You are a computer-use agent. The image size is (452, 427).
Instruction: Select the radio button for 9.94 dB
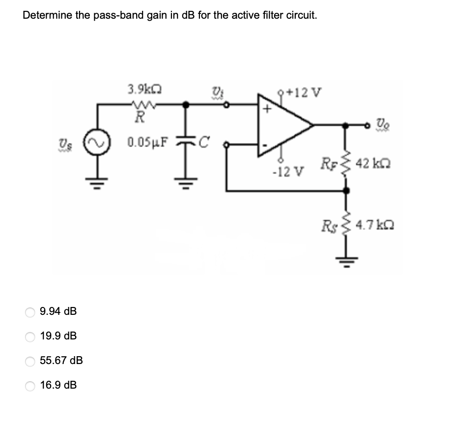tap(30, 312)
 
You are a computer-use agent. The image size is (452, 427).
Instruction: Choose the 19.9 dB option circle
tap(30, 336)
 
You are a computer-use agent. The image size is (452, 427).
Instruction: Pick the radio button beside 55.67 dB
tap(30, 361)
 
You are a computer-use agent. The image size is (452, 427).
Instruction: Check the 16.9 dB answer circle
tap(30, 385)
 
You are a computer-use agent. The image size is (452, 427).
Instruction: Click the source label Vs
tap(63, 143)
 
